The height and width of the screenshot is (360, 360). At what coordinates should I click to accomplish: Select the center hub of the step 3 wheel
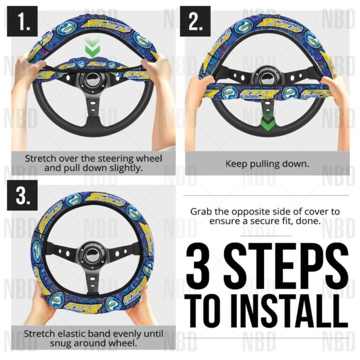(92, 252)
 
